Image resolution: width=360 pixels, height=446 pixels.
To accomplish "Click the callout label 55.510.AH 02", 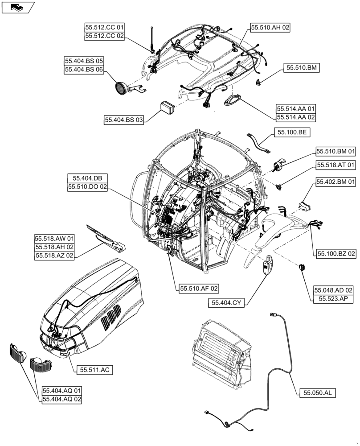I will pos(270,28).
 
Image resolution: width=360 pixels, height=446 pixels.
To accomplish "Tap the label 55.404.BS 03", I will pos(124,120).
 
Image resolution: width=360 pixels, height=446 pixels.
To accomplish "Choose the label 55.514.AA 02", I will pos(296,117).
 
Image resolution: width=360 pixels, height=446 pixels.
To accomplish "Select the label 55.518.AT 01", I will pos(336,165).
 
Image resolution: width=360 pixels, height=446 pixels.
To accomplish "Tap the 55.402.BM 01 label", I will pos(336,182).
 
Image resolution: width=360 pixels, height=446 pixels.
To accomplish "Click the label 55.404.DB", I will pos(87,178).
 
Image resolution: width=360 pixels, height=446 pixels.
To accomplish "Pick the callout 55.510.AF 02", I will pos(199,289).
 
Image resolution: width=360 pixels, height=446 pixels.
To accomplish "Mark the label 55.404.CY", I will pos(226,303).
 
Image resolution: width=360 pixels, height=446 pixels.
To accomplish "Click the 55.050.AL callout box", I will pos(318,393).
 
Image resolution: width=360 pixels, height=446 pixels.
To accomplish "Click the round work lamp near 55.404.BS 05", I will pos(120,87).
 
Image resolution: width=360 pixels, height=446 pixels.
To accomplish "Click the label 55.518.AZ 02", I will pos(55,255).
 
